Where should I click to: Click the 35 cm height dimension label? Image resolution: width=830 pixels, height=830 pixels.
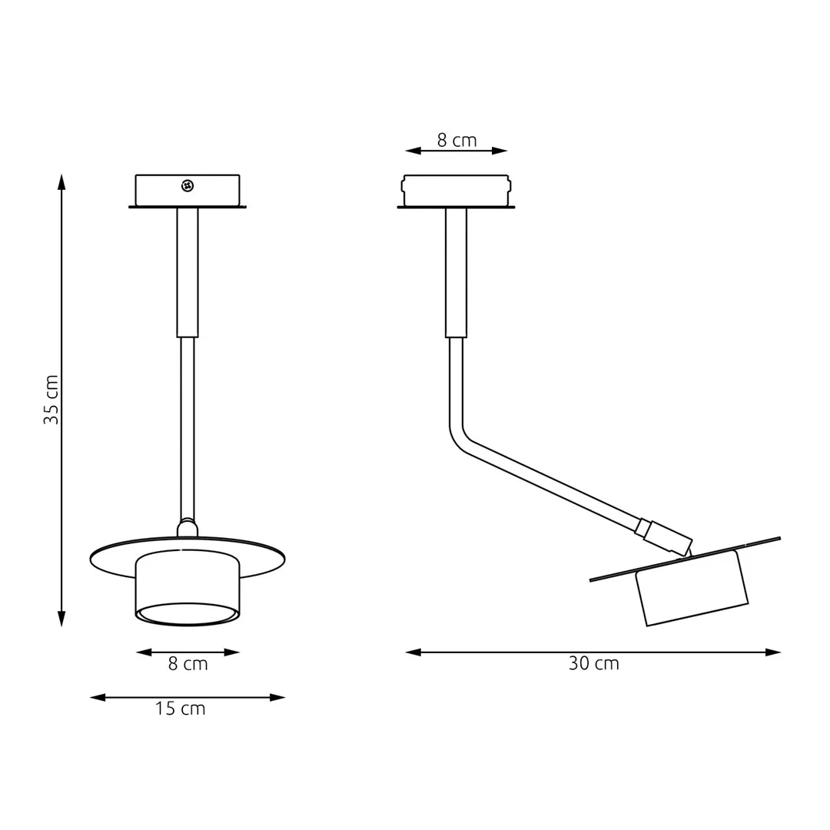(51, 400)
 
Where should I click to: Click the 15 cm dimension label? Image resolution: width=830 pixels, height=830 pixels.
(181, 709)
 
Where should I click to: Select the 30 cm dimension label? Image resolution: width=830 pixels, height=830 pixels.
(593, 664)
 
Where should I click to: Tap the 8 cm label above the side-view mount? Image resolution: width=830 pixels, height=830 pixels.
(456, 141)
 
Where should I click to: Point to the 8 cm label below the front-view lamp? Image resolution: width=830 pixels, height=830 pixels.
(188, 665)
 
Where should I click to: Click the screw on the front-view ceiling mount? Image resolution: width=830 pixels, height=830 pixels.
(187, 185)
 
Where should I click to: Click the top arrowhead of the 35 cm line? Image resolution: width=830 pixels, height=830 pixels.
(61, 181)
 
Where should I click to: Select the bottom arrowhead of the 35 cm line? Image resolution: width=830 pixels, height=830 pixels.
(61, 619)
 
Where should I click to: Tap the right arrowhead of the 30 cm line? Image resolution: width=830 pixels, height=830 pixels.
(773, 652)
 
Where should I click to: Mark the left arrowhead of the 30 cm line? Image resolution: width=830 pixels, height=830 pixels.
(413, 652)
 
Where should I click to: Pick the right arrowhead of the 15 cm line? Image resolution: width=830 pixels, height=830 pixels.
(277, 698)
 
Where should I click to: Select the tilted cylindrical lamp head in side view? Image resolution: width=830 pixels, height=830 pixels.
(692, 589)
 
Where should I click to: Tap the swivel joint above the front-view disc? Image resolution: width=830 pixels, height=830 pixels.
(188, 527)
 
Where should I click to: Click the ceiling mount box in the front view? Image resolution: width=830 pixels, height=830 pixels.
(188, 191)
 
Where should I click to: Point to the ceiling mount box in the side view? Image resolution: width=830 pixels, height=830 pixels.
(456, 191)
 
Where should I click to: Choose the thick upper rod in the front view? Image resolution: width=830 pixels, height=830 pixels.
(188, 273)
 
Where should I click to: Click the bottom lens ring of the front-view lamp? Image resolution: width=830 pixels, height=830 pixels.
(187, 614)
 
